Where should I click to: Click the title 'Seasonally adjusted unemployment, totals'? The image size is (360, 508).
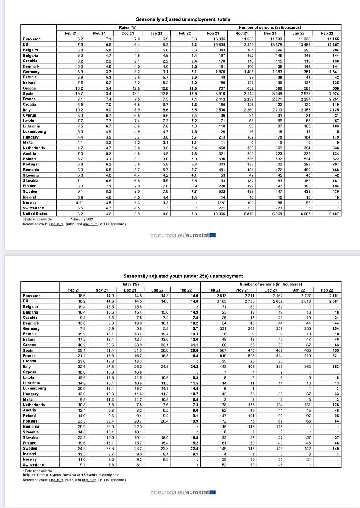[x=183, y=19]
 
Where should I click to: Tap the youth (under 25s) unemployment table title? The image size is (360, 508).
[x=183, y=276]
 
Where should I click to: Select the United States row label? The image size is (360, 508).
[x=35, y=214]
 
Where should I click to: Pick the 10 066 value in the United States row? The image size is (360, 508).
[x=213, y=214]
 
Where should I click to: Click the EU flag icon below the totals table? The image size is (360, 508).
[x=212, y=236]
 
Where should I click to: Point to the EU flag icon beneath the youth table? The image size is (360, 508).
[x=212, y=492]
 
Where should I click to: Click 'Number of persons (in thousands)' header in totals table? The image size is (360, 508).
[x=270, y=28]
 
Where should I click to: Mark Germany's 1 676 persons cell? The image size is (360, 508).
[x=213, y=72]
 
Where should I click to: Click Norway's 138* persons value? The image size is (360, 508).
[x=213, y=202]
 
